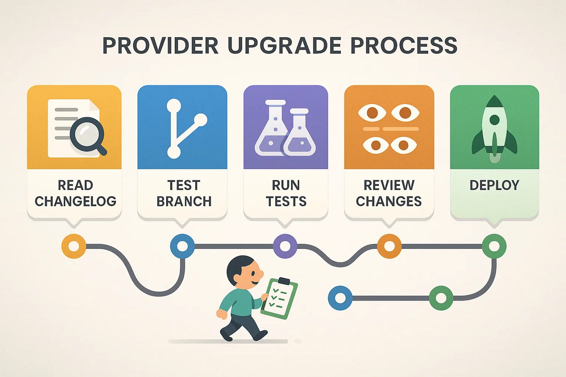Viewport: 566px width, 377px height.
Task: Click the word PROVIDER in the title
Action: [160, 45]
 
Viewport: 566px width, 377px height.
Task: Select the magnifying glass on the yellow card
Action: [87, 135]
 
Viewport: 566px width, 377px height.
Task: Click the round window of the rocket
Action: [494, 120]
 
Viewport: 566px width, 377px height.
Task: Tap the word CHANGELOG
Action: [75, 201]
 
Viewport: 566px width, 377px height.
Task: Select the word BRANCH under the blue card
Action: [184, 201]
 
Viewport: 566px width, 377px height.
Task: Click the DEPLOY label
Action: [494, 185]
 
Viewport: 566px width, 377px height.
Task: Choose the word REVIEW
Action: [389, 185]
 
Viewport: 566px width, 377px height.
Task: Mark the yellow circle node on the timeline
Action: [74, 246]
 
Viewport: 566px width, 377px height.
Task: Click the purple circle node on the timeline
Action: [285, 246]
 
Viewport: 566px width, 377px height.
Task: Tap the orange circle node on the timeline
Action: [389, 246]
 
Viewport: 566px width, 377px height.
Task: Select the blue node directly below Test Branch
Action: [182, 246]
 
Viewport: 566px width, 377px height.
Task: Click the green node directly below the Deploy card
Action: [494, 246]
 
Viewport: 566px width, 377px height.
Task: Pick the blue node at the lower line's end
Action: [340, 298]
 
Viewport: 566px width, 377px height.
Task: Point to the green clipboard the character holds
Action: [279, 298]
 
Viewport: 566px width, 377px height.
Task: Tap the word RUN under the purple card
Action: [286, 185]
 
